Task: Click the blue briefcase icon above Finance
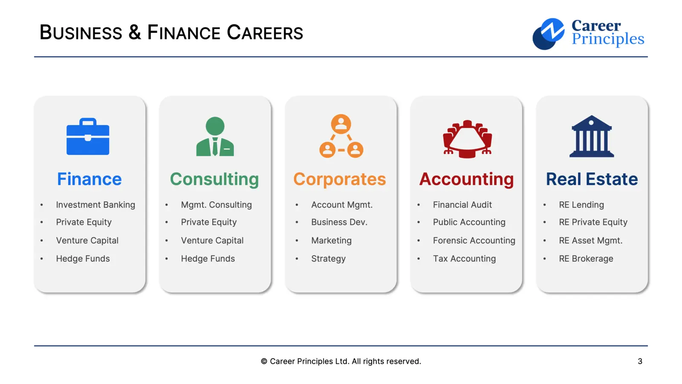coord(88,137)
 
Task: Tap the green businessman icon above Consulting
coord(215,137)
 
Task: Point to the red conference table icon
coord(467,139)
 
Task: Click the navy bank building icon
coord(592,137)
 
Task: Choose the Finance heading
coord(90,179)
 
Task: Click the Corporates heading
coord(340,179)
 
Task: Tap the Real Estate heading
coord(592,179)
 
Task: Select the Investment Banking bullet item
coord(95,205)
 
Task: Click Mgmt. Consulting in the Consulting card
coord(216,205)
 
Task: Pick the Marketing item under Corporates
coord(331,241)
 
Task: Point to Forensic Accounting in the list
coord(474,241)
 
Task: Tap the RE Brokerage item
coord(586,259)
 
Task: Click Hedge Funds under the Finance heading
coord(83,259)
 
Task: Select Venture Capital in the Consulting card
coord(212,241)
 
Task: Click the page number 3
coord(640,361)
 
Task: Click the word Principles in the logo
coord(608,39)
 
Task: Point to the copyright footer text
coord(341,361)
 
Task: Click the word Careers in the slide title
coord(265,33)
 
